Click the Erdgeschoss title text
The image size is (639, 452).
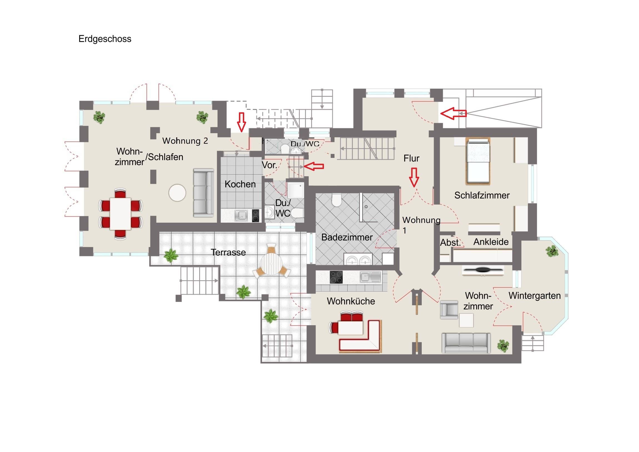tap(105, 39)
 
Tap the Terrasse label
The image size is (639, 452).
tap(228, 252)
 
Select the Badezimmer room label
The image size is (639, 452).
tap(347, 237)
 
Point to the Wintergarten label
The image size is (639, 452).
tap(534, 295)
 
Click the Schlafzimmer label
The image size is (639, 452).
tap(482, 195)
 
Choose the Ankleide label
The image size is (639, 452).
tap(491, 242)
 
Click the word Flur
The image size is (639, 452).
tap(411, 158)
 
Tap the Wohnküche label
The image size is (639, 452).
tap(351, 301)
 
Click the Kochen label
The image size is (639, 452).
tap(240, 184)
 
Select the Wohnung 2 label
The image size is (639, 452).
tap(185, 141)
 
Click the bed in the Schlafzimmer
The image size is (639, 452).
tap(478, 161)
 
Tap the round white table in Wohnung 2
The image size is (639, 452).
tap(177, 192)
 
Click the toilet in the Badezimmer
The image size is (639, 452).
tap(336, 200)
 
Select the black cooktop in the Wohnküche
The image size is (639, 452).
tap(336, 277)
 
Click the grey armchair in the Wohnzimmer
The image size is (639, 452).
tap(449, 309)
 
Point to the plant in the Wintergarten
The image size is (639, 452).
tap(552, 251)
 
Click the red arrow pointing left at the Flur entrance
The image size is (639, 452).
tap(453, 113)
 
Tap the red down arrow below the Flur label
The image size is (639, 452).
tap(414, 177)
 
